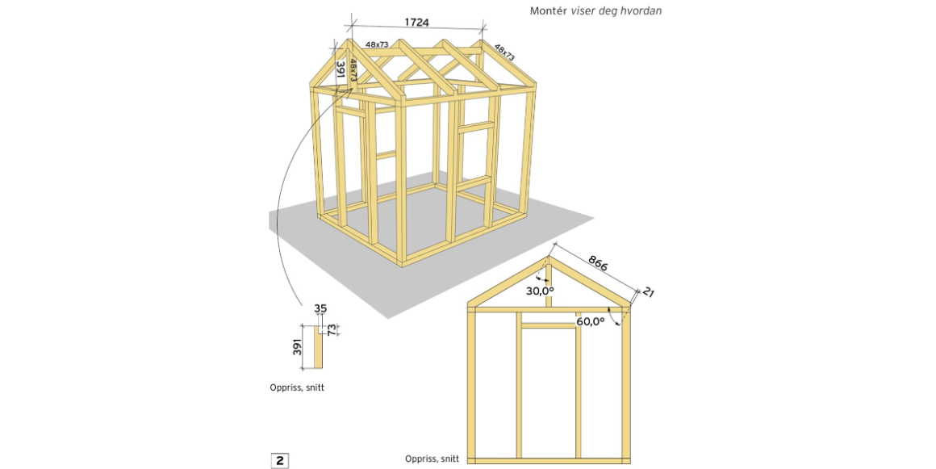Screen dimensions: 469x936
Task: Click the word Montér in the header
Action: [547, 11]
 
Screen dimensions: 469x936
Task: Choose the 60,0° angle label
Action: [590, 321]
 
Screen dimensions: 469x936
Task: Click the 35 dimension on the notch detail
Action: [320, 309]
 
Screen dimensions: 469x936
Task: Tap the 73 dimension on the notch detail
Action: [331, 329]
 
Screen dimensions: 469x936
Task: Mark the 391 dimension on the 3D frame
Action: [341, 70]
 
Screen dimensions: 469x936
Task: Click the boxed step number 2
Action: [279, 461]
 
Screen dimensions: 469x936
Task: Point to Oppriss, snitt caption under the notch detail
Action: [297, 387]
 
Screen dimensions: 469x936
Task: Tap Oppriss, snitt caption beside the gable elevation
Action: [432, 459]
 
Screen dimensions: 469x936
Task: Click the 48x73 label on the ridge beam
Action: [377, 45]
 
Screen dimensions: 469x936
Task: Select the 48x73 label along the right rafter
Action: [504, 52]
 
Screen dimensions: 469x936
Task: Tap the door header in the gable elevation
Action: [549, 325]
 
